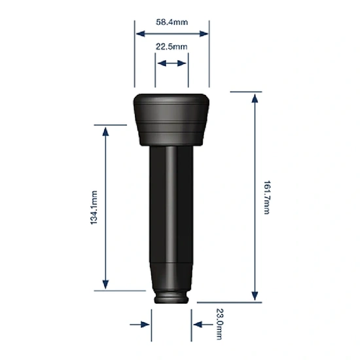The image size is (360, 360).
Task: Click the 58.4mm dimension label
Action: [x=171, y=22]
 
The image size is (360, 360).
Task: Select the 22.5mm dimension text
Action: [x=171, y=47]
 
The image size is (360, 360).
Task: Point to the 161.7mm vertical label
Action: [x=266, y=196]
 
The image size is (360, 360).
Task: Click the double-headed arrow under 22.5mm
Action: [x=171, y=63]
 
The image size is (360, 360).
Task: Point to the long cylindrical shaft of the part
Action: [x=171, y=209]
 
